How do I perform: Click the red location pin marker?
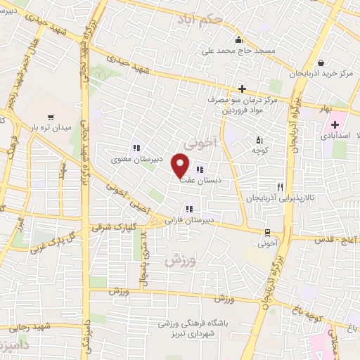click(181, 167)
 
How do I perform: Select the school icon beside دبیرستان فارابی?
click(188, 208)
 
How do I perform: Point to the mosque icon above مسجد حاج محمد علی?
click(240, 39)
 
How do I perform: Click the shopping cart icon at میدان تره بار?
click(50, 117)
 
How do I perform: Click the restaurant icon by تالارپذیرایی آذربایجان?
click(280, 187)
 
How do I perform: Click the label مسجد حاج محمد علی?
click(240, 51)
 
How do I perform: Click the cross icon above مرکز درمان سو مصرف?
click(242, 89)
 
